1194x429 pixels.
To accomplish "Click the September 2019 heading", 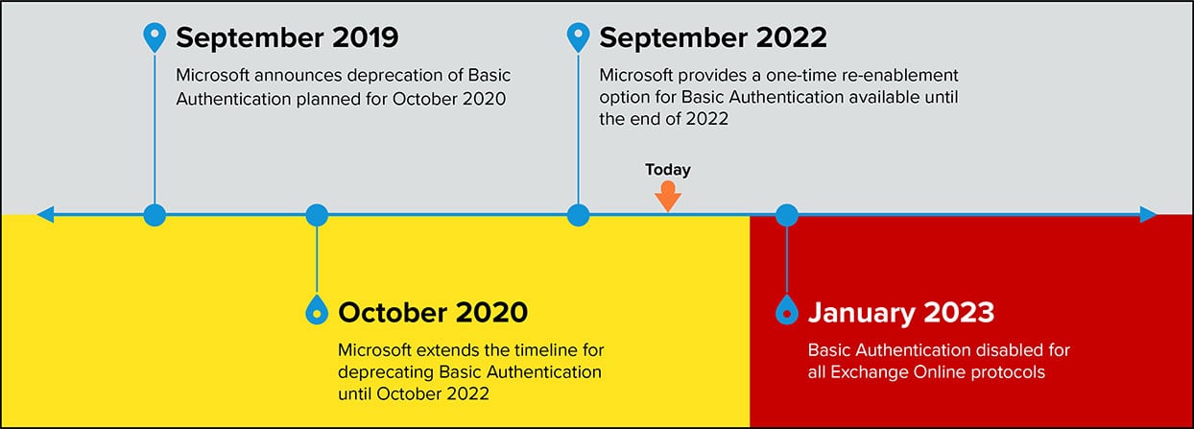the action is pos(287,38).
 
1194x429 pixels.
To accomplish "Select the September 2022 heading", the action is pos(713,38).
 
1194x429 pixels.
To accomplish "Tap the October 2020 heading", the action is pos(433,312).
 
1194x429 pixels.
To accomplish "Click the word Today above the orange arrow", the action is pos(668,170).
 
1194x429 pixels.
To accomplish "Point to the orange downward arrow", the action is pos(668,196).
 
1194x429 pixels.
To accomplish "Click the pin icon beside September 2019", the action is pos(155,36).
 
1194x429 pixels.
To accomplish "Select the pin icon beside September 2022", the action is pos(579,36).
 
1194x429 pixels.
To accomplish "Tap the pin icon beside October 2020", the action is pos(317,310).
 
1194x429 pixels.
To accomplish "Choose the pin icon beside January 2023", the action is pos(787,310).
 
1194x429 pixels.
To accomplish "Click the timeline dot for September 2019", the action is pos(155,215).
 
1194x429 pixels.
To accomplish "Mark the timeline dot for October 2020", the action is pos(317,215).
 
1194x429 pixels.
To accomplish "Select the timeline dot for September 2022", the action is pos(579,215).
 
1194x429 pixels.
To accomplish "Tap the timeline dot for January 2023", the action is pos(787,215).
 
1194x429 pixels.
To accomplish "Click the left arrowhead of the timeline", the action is pos(45,215).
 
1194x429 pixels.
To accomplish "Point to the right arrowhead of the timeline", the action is pos(1148,215).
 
